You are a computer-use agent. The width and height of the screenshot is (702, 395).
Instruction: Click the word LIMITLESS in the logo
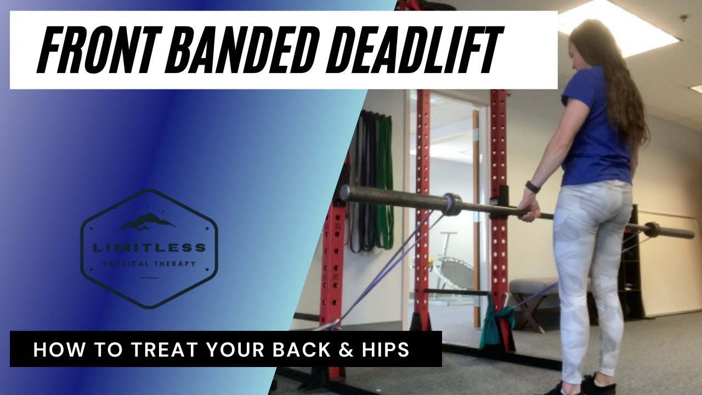click(149, 248)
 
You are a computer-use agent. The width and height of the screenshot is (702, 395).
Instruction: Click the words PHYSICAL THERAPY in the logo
click(149, 264)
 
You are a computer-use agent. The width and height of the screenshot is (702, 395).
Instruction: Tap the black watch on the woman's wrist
click(532, 187)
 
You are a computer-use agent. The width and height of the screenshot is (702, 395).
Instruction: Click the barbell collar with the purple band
click(451, 204)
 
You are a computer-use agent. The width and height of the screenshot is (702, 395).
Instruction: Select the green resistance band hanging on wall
click(386, 181)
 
